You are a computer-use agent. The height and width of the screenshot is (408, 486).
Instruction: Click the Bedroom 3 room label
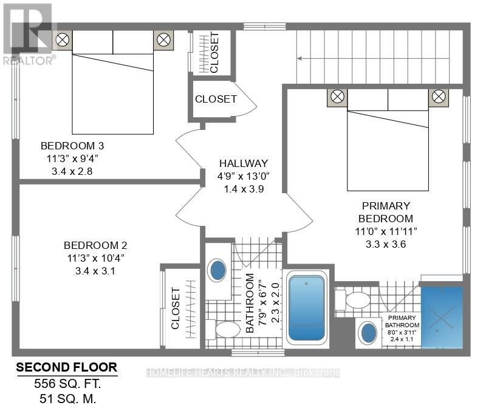pos(72,146)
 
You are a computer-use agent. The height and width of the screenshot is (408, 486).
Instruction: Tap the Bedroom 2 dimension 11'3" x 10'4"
pos(96,258)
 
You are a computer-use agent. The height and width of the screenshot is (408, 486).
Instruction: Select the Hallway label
pos(244,163)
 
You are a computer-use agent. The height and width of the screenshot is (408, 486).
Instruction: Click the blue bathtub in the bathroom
pos(307,308)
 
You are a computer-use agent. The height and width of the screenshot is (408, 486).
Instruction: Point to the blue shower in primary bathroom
pos(442,317)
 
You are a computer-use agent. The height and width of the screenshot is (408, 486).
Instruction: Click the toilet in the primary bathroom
pos(353,300)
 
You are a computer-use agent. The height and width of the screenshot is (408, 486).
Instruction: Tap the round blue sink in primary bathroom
pos(369,332)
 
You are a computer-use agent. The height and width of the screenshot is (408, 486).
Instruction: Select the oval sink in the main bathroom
pos(218,270)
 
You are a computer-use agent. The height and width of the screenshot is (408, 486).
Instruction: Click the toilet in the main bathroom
pos(223,329)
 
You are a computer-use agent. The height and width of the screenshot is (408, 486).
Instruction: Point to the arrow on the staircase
pos(373,58)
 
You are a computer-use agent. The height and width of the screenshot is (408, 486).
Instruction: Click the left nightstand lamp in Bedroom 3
pos(63,40)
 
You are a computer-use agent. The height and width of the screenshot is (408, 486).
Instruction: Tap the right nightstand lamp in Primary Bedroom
pos(439,97)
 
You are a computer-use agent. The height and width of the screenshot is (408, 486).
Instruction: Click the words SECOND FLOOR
pos(67,367)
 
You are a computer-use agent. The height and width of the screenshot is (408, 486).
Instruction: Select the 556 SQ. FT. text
pos(67,384)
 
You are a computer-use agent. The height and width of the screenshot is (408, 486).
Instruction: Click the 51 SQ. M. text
pos(68,399)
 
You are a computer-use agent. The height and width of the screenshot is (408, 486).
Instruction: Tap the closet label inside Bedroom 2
pos(175,308)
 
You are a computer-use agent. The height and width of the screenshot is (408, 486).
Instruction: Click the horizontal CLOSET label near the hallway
pos(216,99)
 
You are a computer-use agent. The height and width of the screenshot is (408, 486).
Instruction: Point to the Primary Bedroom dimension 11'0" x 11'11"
pos(386,231)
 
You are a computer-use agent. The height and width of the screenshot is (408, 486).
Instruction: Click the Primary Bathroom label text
pos(402,321)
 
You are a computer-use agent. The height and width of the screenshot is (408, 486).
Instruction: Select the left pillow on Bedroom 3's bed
pos(93,42)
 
